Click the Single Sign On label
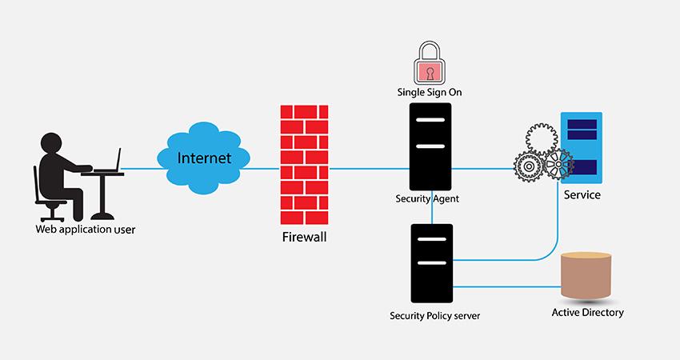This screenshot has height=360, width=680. coord(430,92)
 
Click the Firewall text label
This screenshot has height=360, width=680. coord(305,237)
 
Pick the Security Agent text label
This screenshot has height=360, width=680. coord(427,198)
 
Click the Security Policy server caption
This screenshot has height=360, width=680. coord(434,315)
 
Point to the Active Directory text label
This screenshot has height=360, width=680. coord(588,312)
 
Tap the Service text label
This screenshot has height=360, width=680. coord(582,194)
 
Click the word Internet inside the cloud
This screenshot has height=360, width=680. coord(204,158)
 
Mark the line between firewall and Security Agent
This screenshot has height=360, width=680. coord(369,169)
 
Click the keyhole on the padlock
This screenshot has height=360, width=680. coord(430,74)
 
